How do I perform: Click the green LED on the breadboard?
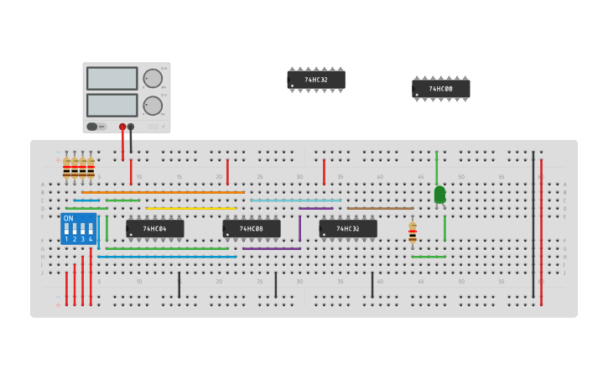coord(439,195)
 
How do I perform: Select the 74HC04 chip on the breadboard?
coord(155,228)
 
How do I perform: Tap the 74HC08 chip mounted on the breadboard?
coord(252,228)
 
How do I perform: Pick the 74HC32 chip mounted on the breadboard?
coord(348,228)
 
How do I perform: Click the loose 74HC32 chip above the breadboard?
coord(316,81)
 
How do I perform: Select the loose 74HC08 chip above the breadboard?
coord(441,89)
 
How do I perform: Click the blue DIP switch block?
coord(79,229)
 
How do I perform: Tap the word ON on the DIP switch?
coord(69,219)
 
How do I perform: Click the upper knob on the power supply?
coord(153,79)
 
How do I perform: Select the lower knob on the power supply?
coord(153,106)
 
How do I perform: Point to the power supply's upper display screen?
coord(112,79)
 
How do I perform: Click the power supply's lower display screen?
coord(112,105)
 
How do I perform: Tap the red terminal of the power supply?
coord(122,127)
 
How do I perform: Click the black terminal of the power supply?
coord(131,127)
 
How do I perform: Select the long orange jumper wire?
coord(163,192)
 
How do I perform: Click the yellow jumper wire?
coord(191,208)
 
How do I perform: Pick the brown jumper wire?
coord(380,208)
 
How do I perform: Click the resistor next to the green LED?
coord(413,232)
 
